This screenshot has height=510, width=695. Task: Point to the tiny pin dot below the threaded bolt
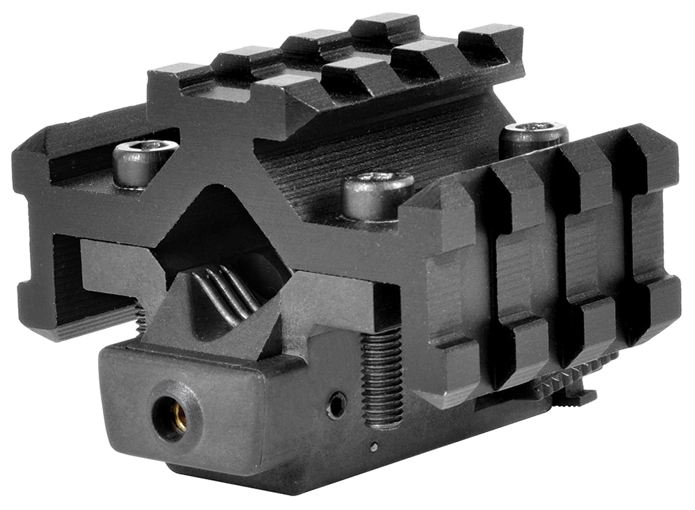point(373,446)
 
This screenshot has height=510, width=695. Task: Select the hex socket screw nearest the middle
point(379,195)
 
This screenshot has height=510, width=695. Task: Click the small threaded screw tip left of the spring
point(140,320)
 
